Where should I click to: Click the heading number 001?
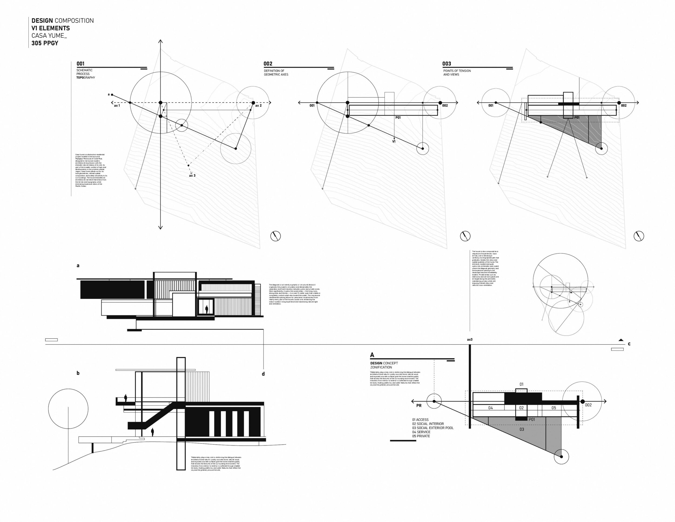pyautogui.click(x=80, y=64)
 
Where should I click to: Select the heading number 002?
pyautogui.click(x=268, y=64)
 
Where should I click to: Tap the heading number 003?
pyautogui.click(x=447, y=64)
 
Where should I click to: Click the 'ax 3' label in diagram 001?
pyautogui.click(x=192, y=176)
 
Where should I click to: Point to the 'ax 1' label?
pyautogui.click(x=117, y=106)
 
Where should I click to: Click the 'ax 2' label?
pyautogui.click(x=258, y=106)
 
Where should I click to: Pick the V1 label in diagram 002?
pyautogui.click(x=394, y=142)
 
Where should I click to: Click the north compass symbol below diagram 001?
pyautogui.click(x=275, y=236)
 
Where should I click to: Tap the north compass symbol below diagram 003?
pyautogui.click(x=639, y=236)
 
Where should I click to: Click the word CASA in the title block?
pyautogui.click(x=39, y=36)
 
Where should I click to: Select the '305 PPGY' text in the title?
pyautogui.click(x=45, y=43)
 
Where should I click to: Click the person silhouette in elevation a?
pyautogui.click(x=207, y=309)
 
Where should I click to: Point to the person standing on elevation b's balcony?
pyautogui.click(x=126, y=398)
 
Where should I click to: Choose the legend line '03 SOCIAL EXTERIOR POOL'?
pyautogui.click(x=433, y=428)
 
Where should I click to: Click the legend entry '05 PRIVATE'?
pyautogui.click(x=421, y=436)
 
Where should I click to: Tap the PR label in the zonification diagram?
pyautogui.click(x=419, y=406)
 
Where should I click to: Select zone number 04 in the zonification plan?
pyautogui.click(x=491, y=408)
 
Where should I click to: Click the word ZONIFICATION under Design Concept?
pyautogui.click(x=381, y=367)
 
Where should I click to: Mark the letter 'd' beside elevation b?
pyautogui.click(x=263, y=374)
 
